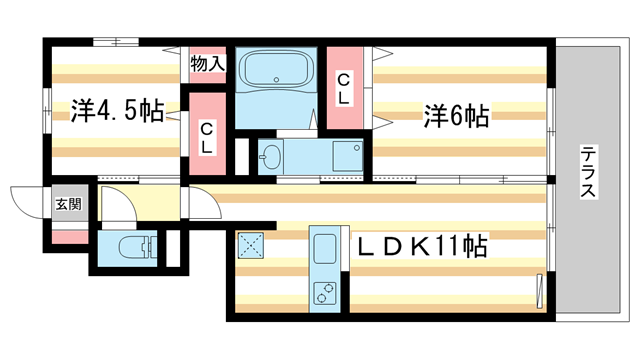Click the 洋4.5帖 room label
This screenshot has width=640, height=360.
coord(117,111)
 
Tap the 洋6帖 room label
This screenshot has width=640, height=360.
coord(456,116)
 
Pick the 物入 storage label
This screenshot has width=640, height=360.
coord(207,64)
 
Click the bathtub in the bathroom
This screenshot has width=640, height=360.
coord(276,71)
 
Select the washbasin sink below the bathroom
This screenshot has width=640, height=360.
coord(271,156)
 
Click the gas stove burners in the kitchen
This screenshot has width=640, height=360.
coord(326,292)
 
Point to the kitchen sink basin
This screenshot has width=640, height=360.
coord(326,247)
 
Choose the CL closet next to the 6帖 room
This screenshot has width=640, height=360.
coord(343,88)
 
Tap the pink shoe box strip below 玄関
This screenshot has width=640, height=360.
coord(68,238)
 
